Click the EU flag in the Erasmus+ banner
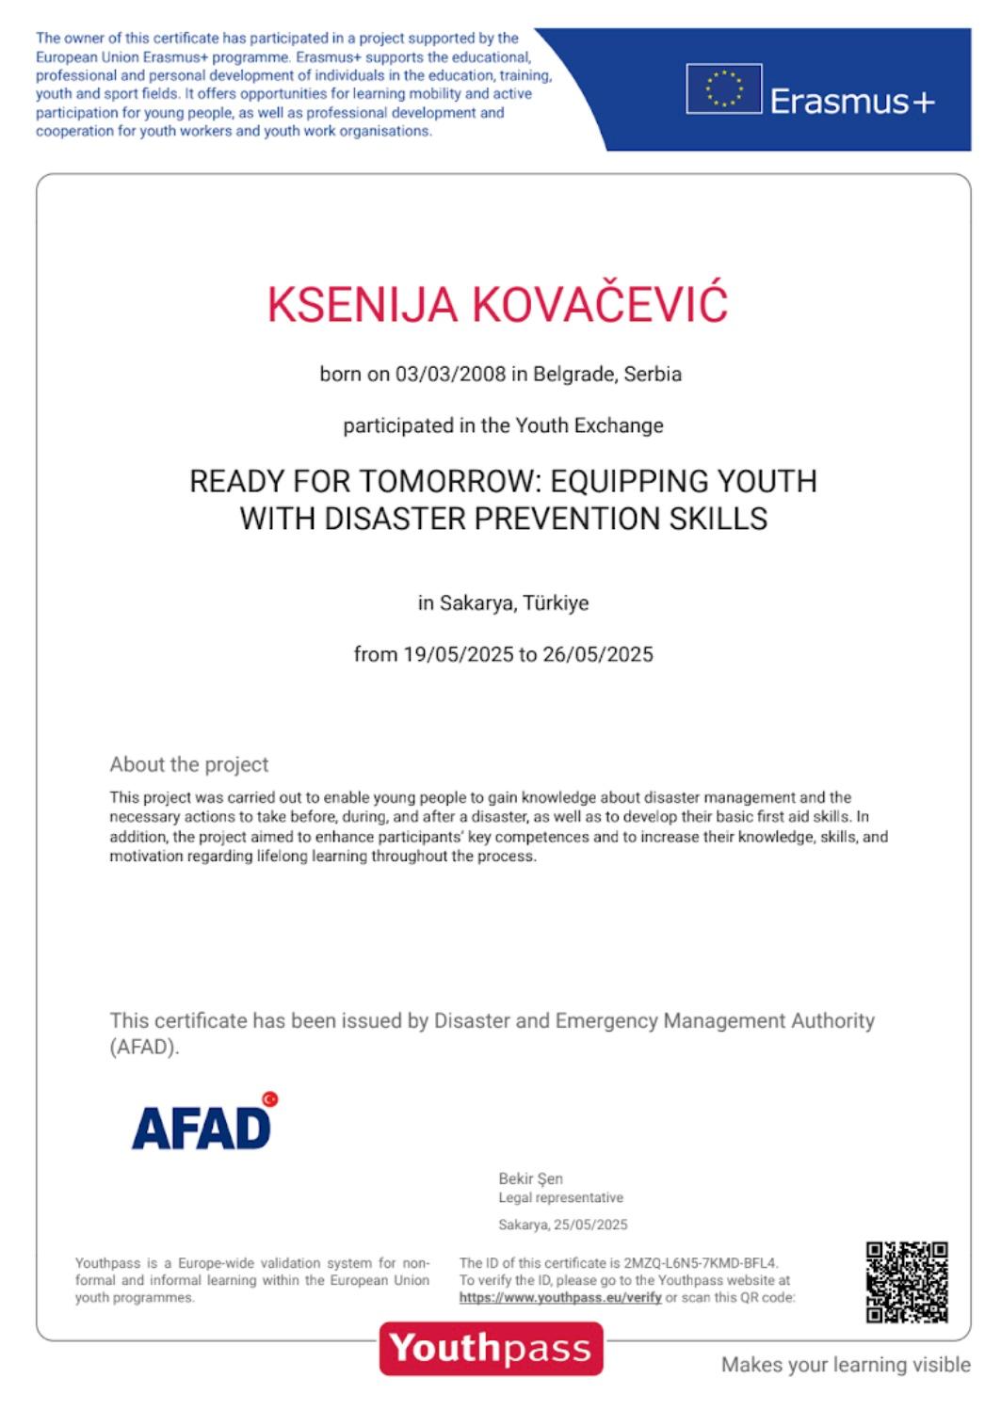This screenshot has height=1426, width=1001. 723,88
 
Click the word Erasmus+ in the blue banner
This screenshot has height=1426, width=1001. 852,101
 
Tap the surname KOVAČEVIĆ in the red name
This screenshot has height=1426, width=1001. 599,304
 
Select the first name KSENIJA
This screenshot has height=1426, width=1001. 363,305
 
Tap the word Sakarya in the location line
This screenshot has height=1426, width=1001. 476,602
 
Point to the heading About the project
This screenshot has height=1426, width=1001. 189,764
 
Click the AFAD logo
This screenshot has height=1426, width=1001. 201,1127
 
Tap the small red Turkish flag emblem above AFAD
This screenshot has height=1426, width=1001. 270,1098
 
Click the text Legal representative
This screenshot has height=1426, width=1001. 560,1197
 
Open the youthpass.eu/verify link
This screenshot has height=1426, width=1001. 560,1297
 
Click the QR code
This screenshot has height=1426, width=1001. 906,1281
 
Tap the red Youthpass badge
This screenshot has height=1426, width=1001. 491,1348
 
